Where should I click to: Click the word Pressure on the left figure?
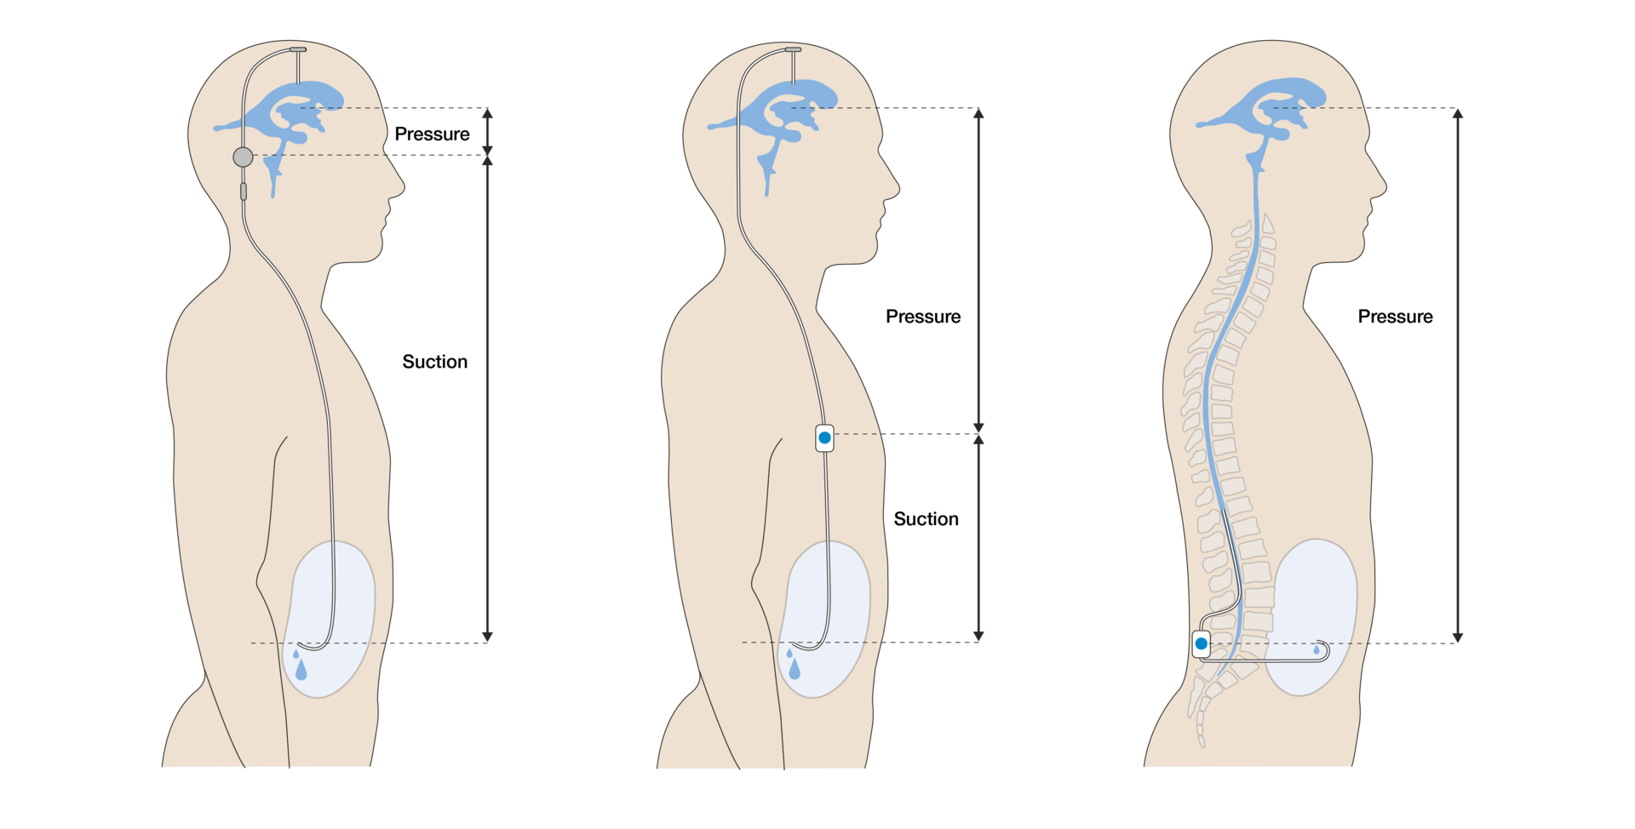coord(432,134)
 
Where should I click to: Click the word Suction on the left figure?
coord(434,362)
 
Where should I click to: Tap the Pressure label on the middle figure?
coord(923,317)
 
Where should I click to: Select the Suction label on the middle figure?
coord(926,519)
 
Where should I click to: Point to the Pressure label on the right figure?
coord(1395,317)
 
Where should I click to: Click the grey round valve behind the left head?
coord(243,157)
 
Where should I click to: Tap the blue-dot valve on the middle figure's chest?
coord(824,438)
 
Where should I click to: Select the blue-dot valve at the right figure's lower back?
coord(1201,643)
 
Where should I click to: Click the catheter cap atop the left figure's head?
coord(298,49)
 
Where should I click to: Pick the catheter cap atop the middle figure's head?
coord(793,49)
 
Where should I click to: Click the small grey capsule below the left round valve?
coord(244,192)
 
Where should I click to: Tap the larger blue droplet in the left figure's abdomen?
coord(301,671)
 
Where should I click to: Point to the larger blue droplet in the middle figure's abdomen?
coord(795,669)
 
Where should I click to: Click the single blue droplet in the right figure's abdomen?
coord(1317,650)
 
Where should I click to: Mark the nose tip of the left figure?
coord(404,186)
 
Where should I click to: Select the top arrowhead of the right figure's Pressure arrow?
coord(1458,113)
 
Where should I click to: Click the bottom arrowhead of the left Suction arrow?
coord(487,637)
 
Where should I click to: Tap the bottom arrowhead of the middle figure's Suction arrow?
coord(978,636)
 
